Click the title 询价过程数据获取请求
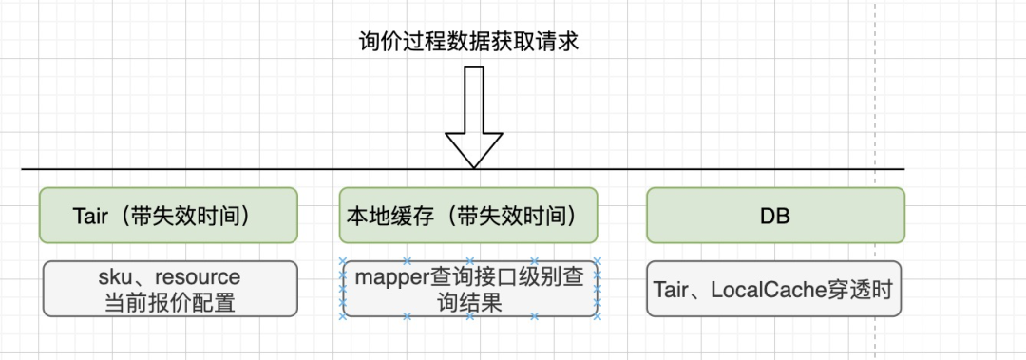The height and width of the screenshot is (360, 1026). [x=468, y=41]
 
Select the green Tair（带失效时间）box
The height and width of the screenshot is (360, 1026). [x=169, y=215]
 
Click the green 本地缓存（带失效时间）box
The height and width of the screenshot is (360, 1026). [x=468, y=215]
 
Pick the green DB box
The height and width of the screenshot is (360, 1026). [x=775, y=215]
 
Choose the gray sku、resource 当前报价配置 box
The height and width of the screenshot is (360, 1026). [x=170, y=289]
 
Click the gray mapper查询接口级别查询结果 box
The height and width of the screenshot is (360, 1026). [x=469, y=289]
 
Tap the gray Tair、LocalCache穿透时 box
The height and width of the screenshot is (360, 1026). [x=774, y=289]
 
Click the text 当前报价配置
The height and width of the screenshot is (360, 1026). [x=170, y=303]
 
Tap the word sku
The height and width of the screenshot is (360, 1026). [x=114, y=276]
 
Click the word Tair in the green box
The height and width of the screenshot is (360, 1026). [x=90, y=216]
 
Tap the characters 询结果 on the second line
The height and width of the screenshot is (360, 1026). [x=469, y=303]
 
